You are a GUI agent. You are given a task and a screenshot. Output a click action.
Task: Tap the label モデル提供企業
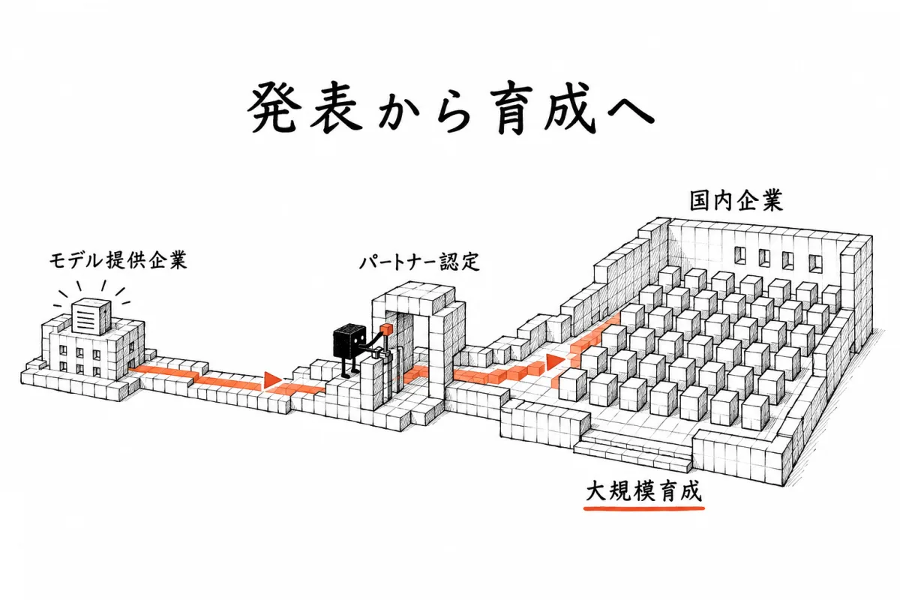(x=118, y=261)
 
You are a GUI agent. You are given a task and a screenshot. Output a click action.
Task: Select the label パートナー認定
(x=419, y=262)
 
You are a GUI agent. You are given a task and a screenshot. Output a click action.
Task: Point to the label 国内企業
(x=736, y=201)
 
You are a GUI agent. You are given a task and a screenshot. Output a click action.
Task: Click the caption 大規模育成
(x=643, y=492)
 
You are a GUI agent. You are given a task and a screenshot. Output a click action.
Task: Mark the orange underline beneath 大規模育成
(x=644, y=508)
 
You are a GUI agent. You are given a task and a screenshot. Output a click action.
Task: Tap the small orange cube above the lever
(x=387, y=329)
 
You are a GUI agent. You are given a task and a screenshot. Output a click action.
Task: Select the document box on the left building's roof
(x=91, y=316)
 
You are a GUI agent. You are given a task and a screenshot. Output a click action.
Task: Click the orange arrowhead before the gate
(x=272, y=380)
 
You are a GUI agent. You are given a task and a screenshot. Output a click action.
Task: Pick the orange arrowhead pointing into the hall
(x=555, y=361)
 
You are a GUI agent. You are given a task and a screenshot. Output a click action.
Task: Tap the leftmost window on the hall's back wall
(x=740, y=255)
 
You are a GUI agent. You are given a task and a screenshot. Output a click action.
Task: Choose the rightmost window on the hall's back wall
(x=816, y=264)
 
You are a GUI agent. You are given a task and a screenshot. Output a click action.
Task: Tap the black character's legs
(x=349, y=367)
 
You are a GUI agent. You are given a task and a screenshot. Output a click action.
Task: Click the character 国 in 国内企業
(x=700, y=201)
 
